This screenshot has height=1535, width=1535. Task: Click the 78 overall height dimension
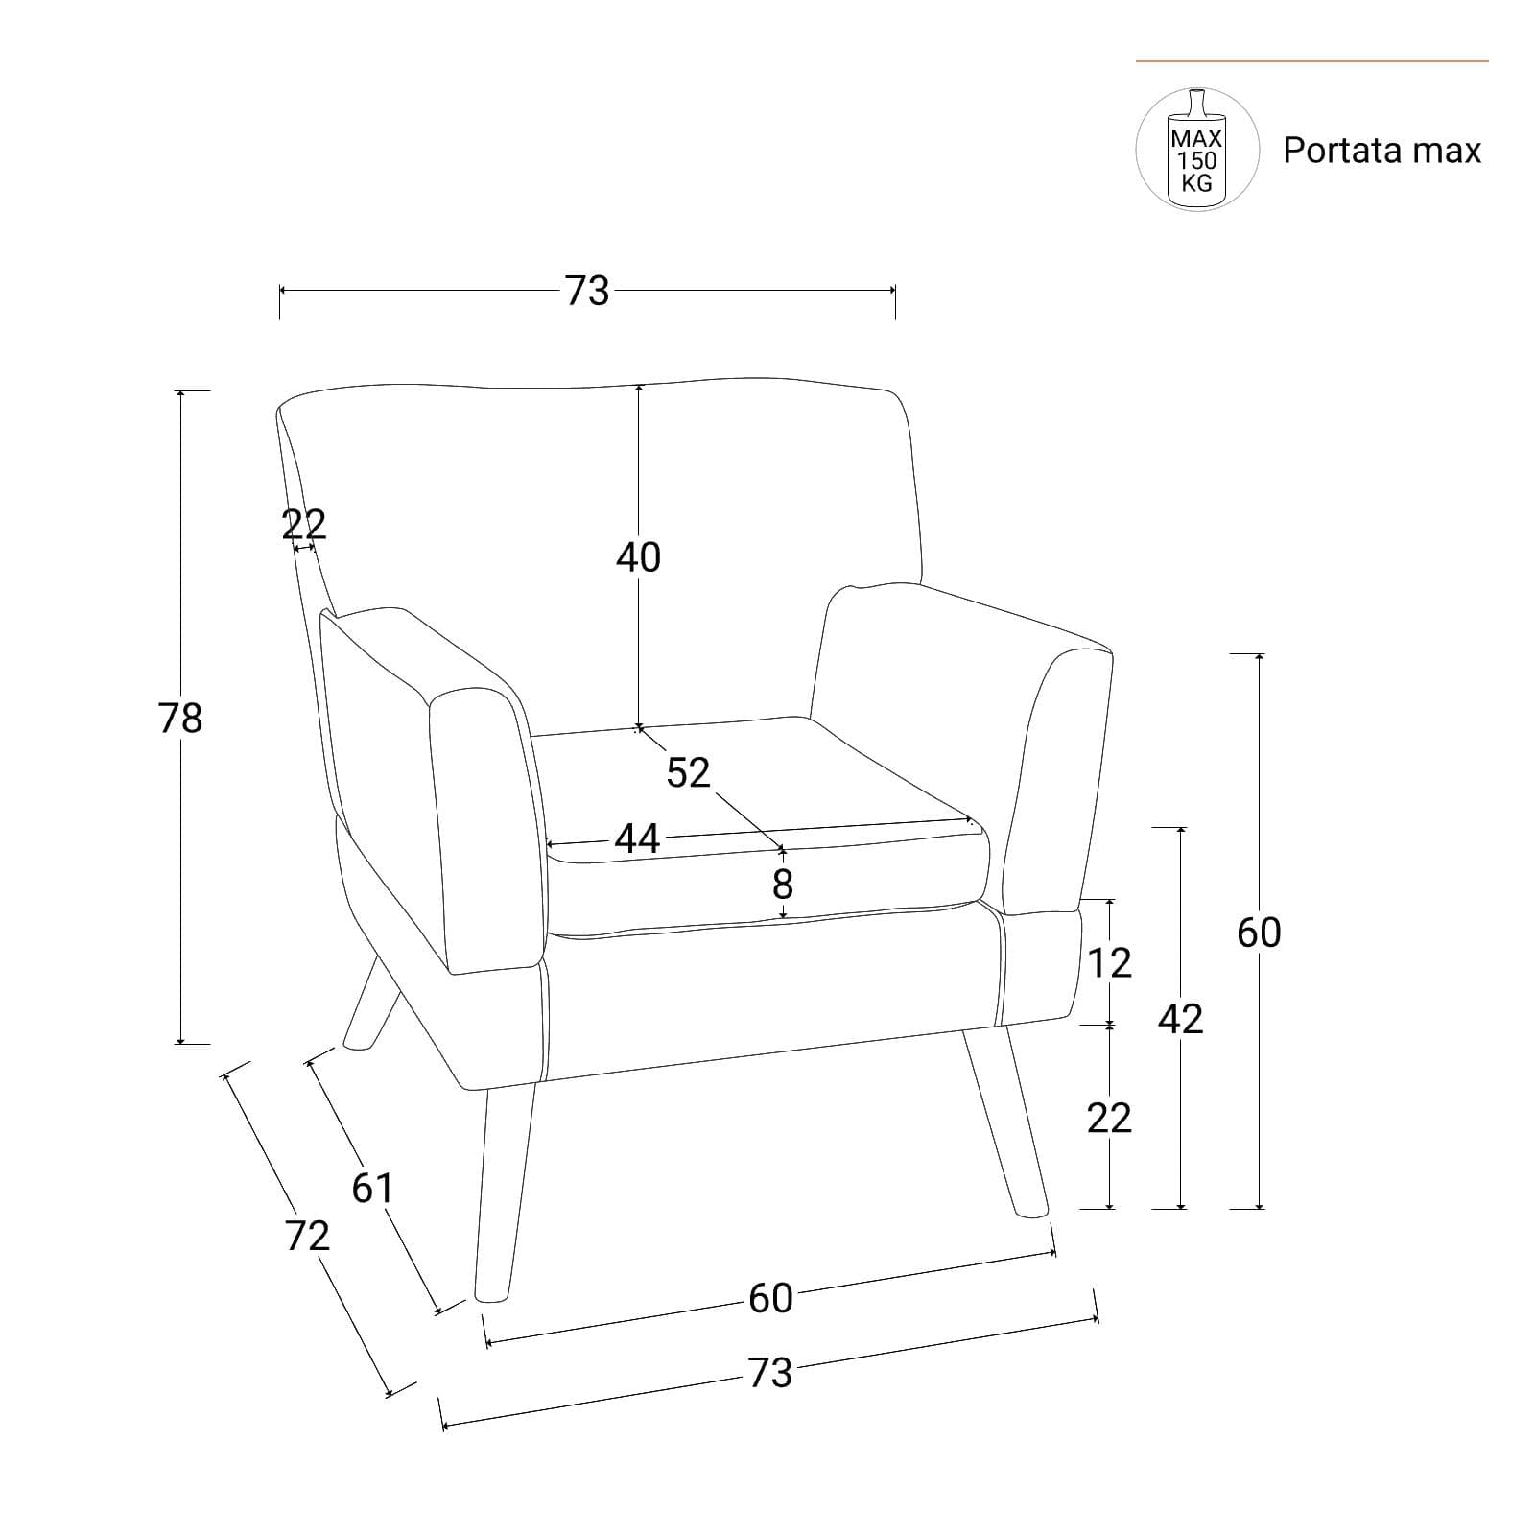pos(181,718)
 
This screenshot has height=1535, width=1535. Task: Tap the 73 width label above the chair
pos(587,291)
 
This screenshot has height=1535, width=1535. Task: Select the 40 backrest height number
pos(639,556)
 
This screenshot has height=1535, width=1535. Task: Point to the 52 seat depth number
pos(688,772)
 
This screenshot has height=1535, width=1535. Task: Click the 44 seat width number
pos(638,838)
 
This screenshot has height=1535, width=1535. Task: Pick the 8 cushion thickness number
pos(783,884)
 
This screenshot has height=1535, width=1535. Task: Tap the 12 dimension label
pos(1110,962)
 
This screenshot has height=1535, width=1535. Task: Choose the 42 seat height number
pos(1180,1019)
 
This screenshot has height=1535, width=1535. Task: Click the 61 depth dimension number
pos(372,1189)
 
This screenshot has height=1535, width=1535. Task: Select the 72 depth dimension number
pos(307,1236)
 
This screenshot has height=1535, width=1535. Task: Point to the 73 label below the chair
pos(770,1373)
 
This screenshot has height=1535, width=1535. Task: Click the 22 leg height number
pos(1110,1118)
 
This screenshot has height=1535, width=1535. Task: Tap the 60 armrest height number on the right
pos(1259,933)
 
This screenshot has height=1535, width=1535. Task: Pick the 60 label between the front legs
pos(770,1298)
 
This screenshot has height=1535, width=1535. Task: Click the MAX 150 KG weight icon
pos(1197,150)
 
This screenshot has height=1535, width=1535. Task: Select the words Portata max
pos(1382,151)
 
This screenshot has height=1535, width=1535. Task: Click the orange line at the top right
pos(1312,61)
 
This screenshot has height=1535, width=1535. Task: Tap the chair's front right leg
pos(1006,1122)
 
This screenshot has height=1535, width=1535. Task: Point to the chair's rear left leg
pos(372,1003)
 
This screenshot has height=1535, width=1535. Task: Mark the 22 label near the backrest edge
pos(304,524)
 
